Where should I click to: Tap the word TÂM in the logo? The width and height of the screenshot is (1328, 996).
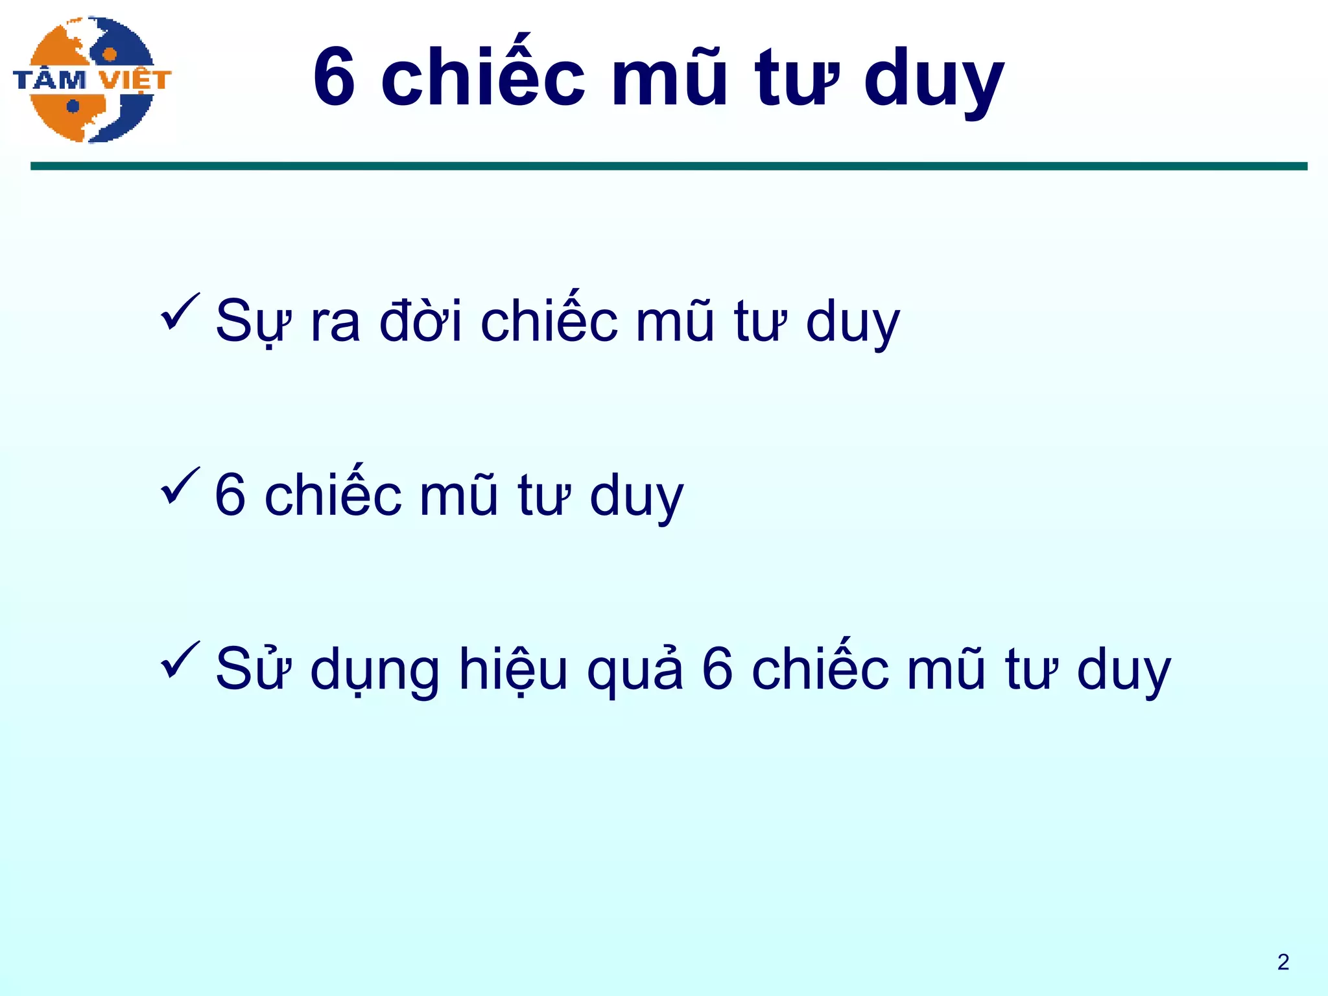pyautogui.click(x=50, y=80)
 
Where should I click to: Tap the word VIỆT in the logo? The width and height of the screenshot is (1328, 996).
pyautogui.click(x=136, y=80)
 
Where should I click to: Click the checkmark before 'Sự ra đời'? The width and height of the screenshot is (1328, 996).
pyautogui.click(x=180, y=312)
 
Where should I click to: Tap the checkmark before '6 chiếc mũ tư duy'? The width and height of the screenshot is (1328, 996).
pyautogui.click(x=180, y=486)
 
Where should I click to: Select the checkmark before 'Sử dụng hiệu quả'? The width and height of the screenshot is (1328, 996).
pyautogui.click(x=180, y=659)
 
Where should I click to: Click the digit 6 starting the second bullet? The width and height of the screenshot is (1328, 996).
pyautogui.click(x=230, y=495)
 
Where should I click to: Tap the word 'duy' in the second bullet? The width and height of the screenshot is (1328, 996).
pyautogui.click(x=636, y=498)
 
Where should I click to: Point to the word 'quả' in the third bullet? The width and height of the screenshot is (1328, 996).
pyautogui.click(x=635, y=670)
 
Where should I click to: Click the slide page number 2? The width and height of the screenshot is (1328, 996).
pyautogui.click(x=1283, y=962)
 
